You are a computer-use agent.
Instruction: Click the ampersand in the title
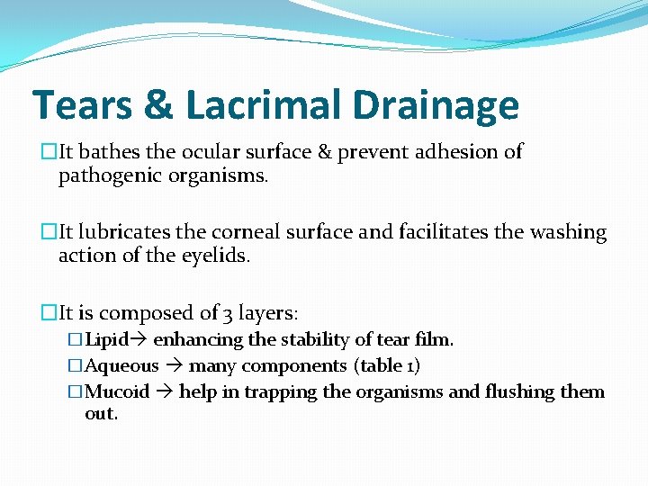[157, 105]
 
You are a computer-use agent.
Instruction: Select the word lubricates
[126, 232]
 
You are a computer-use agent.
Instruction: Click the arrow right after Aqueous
[174, 366]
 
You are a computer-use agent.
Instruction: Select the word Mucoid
[117, 392]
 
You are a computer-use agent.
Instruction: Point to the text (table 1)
[387, 366]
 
